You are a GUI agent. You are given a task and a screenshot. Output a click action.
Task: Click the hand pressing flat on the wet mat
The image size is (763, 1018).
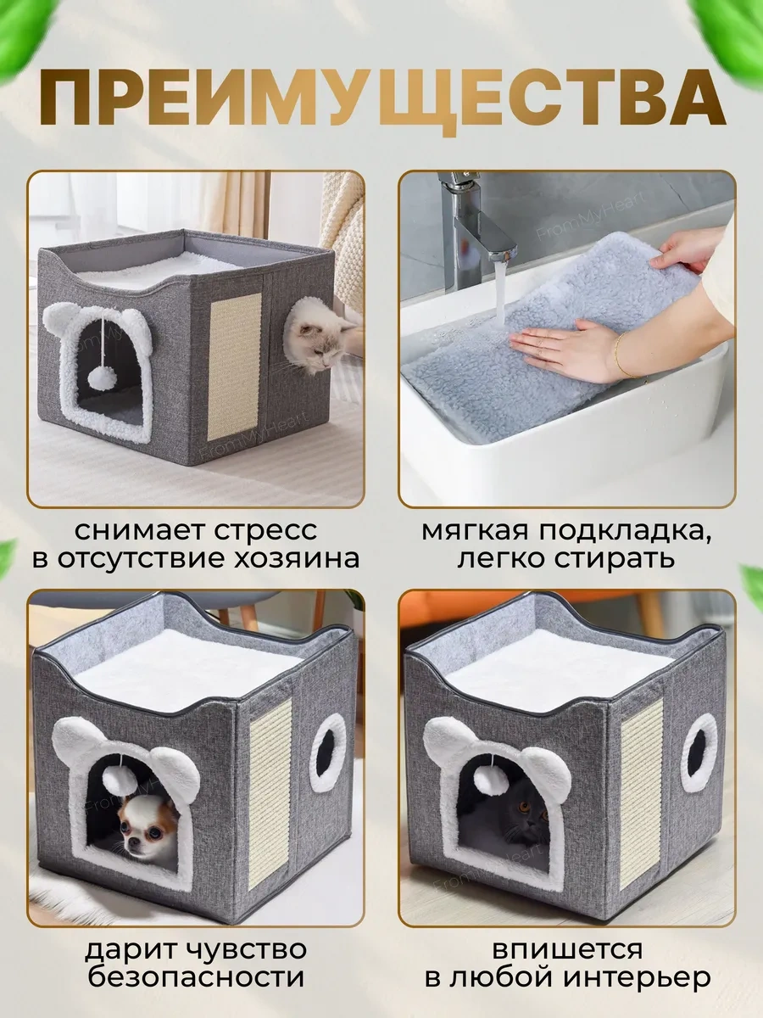563,345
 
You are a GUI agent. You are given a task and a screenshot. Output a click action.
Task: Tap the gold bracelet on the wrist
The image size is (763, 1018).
621,355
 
